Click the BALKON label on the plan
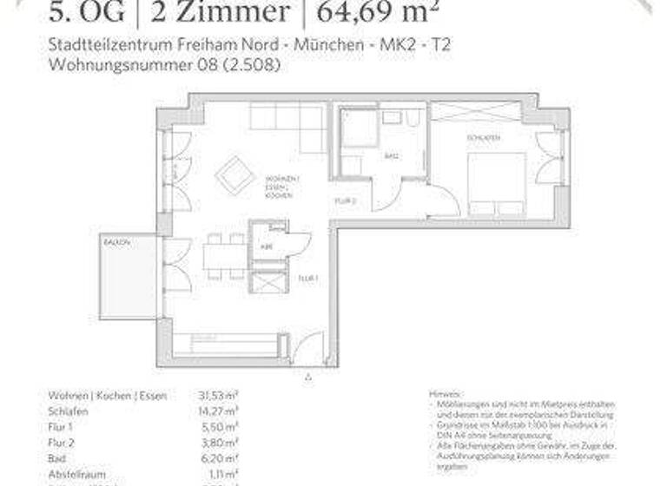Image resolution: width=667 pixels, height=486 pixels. point(116,243)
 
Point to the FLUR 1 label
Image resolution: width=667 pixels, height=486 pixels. point(307,279)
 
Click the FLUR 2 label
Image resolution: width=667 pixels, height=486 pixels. point(345,200)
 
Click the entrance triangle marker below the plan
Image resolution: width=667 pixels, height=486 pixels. point(307,377)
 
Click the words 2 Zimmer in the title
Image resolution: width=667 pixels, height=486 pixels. point(220,12)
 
